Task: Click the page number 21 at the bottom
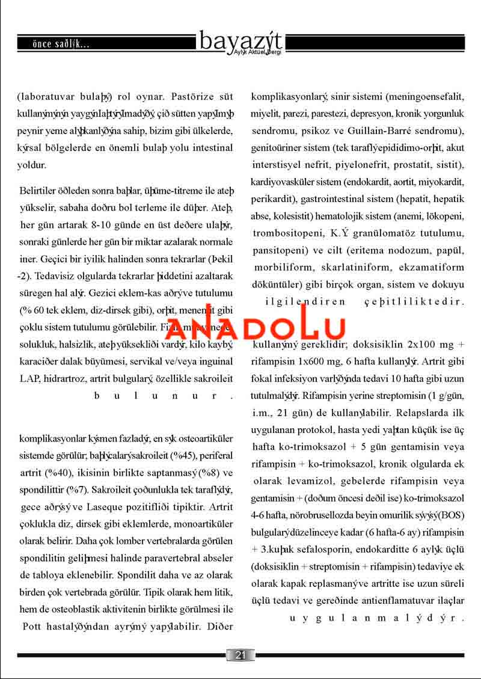tap(240, 655)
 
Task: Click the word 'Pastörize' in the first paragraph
tap(192, 96)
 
